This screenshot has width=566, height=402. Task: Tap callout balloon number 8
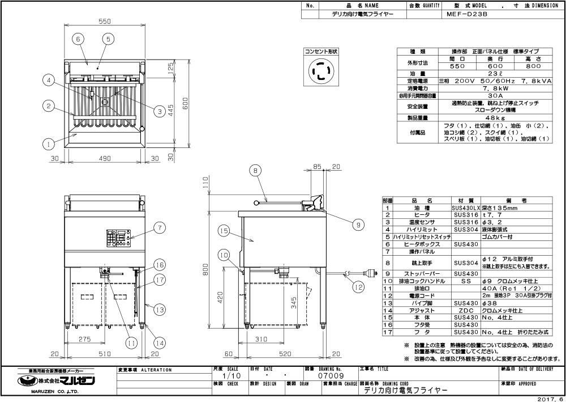[255, 170]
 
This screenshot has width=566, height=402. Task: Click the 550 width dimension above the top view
[104, 21]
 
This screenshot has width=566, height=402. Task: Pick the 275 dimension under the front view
[84, 339]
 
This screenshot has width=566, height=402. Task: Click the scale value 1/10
[229, 375]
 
